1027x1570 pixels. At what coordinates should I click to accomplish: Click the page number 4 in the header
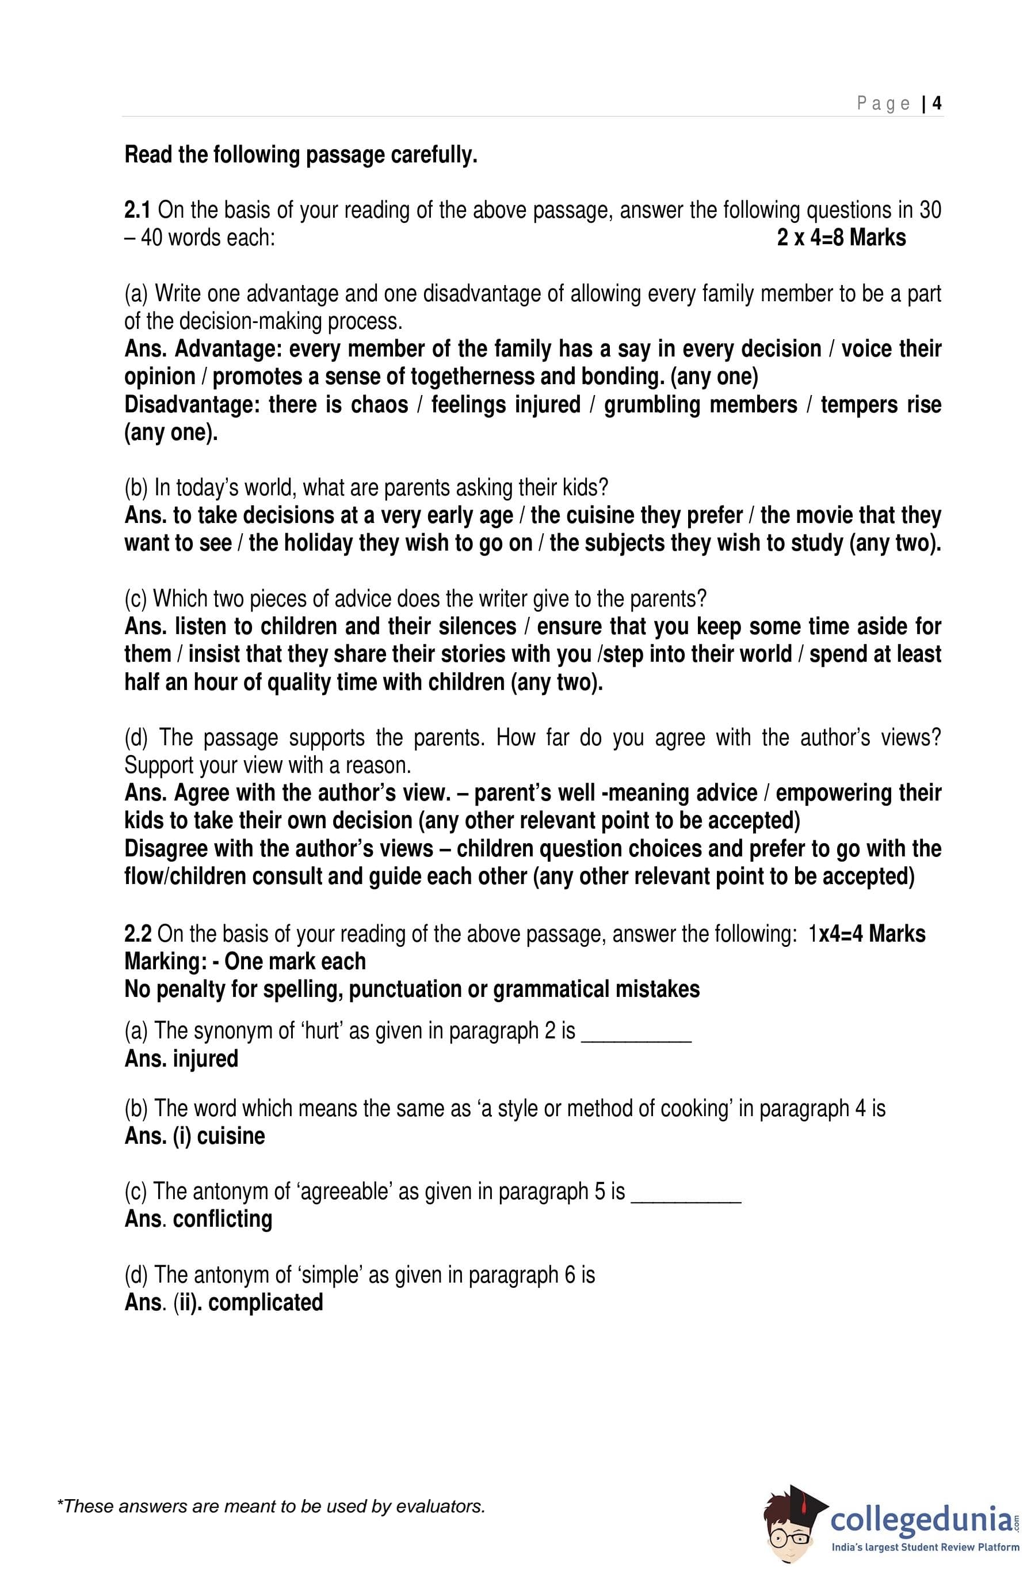pyautogui.click(x=937, y=104)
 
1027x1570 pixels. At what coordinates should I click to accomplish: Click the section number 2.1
pyautogui.click(x=138, y=210)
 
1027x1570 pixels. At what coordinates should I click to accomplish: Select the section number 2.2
pyautogui.click(x=138, y=934)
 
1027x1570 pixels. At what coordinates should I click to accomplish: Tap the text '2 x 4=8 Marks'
pyautogui.click(x=841, y=238)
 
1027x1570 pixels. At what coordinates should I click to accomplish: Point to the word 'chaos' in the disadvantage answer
pyautogui.click(x=380, y=404)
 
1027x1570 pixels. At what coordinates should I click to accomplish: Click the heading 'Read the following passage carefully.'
pyautogui.click(x=300, y=155)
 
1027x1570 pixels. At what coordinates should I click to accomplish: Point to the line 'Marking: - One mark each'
pyautogui.click(x=245, y=961)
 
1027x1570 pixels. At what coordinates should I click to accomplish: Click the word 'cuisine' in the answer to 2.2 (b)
pyautogui.click(x=231, y=1136)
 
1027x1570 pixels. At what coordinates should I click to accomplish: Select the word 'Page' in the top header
pyautogui.click(x=883, y=104)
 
